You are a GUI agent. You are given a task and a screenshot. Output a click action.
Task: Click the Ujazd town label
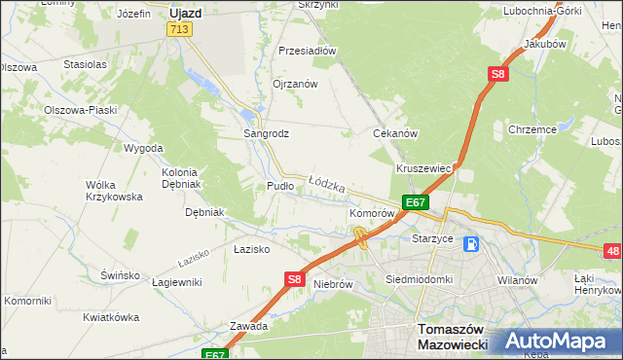[x=184, y=14]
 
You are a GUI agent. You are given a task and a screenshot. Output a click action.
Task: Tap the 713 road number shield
[x=177, y=30]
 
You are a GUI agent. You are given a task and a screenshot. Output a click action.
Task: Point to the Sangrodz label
[x=266, y=133]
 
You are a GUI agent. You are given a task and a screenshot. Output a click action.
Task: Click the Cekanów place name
[x=395, y=133]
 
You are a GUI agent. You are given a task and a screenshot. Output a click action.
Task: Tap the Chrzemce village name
[x=531, y=128]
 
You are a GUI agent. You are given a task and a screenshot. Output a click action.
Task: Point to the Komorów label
[x=372, y=212]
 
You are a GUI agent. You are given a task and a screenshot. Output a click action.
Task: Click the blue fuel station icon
[x=471, y=244]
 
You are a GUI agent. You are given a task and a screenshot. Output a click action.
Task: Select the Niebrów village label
[x=332, y=284]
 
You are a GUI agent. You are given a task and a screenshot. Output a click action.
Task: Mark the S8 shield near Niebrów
[x=296, y=279]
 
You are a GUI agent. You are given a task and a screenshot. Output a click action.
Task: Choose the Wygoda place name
[x=143, y=148]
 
